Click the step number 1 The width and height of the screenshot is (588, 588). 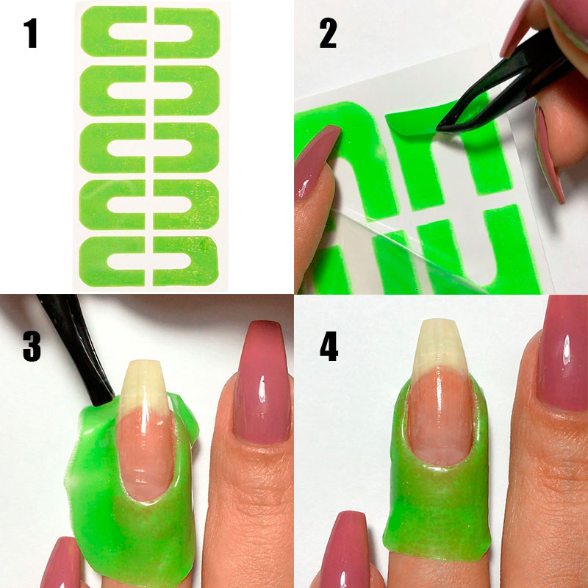[x=31, y=34]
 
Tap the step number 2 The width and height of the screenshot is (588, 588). [x=328, y=34]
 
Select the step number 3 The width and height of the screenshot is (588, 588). [x=32, y=347]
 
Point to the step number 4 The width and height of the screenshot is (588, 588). [x=329, y=347]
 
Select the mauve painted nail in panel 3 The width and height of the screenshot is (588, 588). [x=262, y=382]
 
